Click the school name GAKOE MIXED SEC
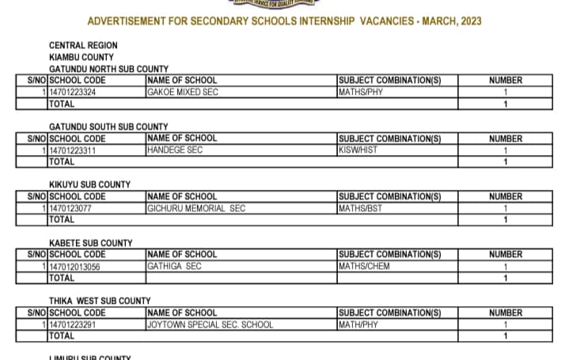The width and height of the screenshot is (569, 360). (183, 92)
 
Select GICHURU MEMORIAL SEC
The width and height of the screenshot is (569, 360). (196, 208)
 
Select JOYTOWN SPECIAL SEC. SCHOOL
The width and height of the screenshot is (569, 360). (211, 324)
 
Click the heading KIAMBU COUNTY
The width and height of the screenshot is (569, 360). (81, 57)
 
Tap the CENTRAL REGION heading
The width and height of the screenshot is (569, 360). (83, 46)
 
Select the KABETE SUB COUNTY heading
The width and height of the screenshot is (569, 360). (91, 243)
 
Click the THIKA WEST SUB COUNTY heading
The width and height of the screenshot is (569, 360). (100, 301)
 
